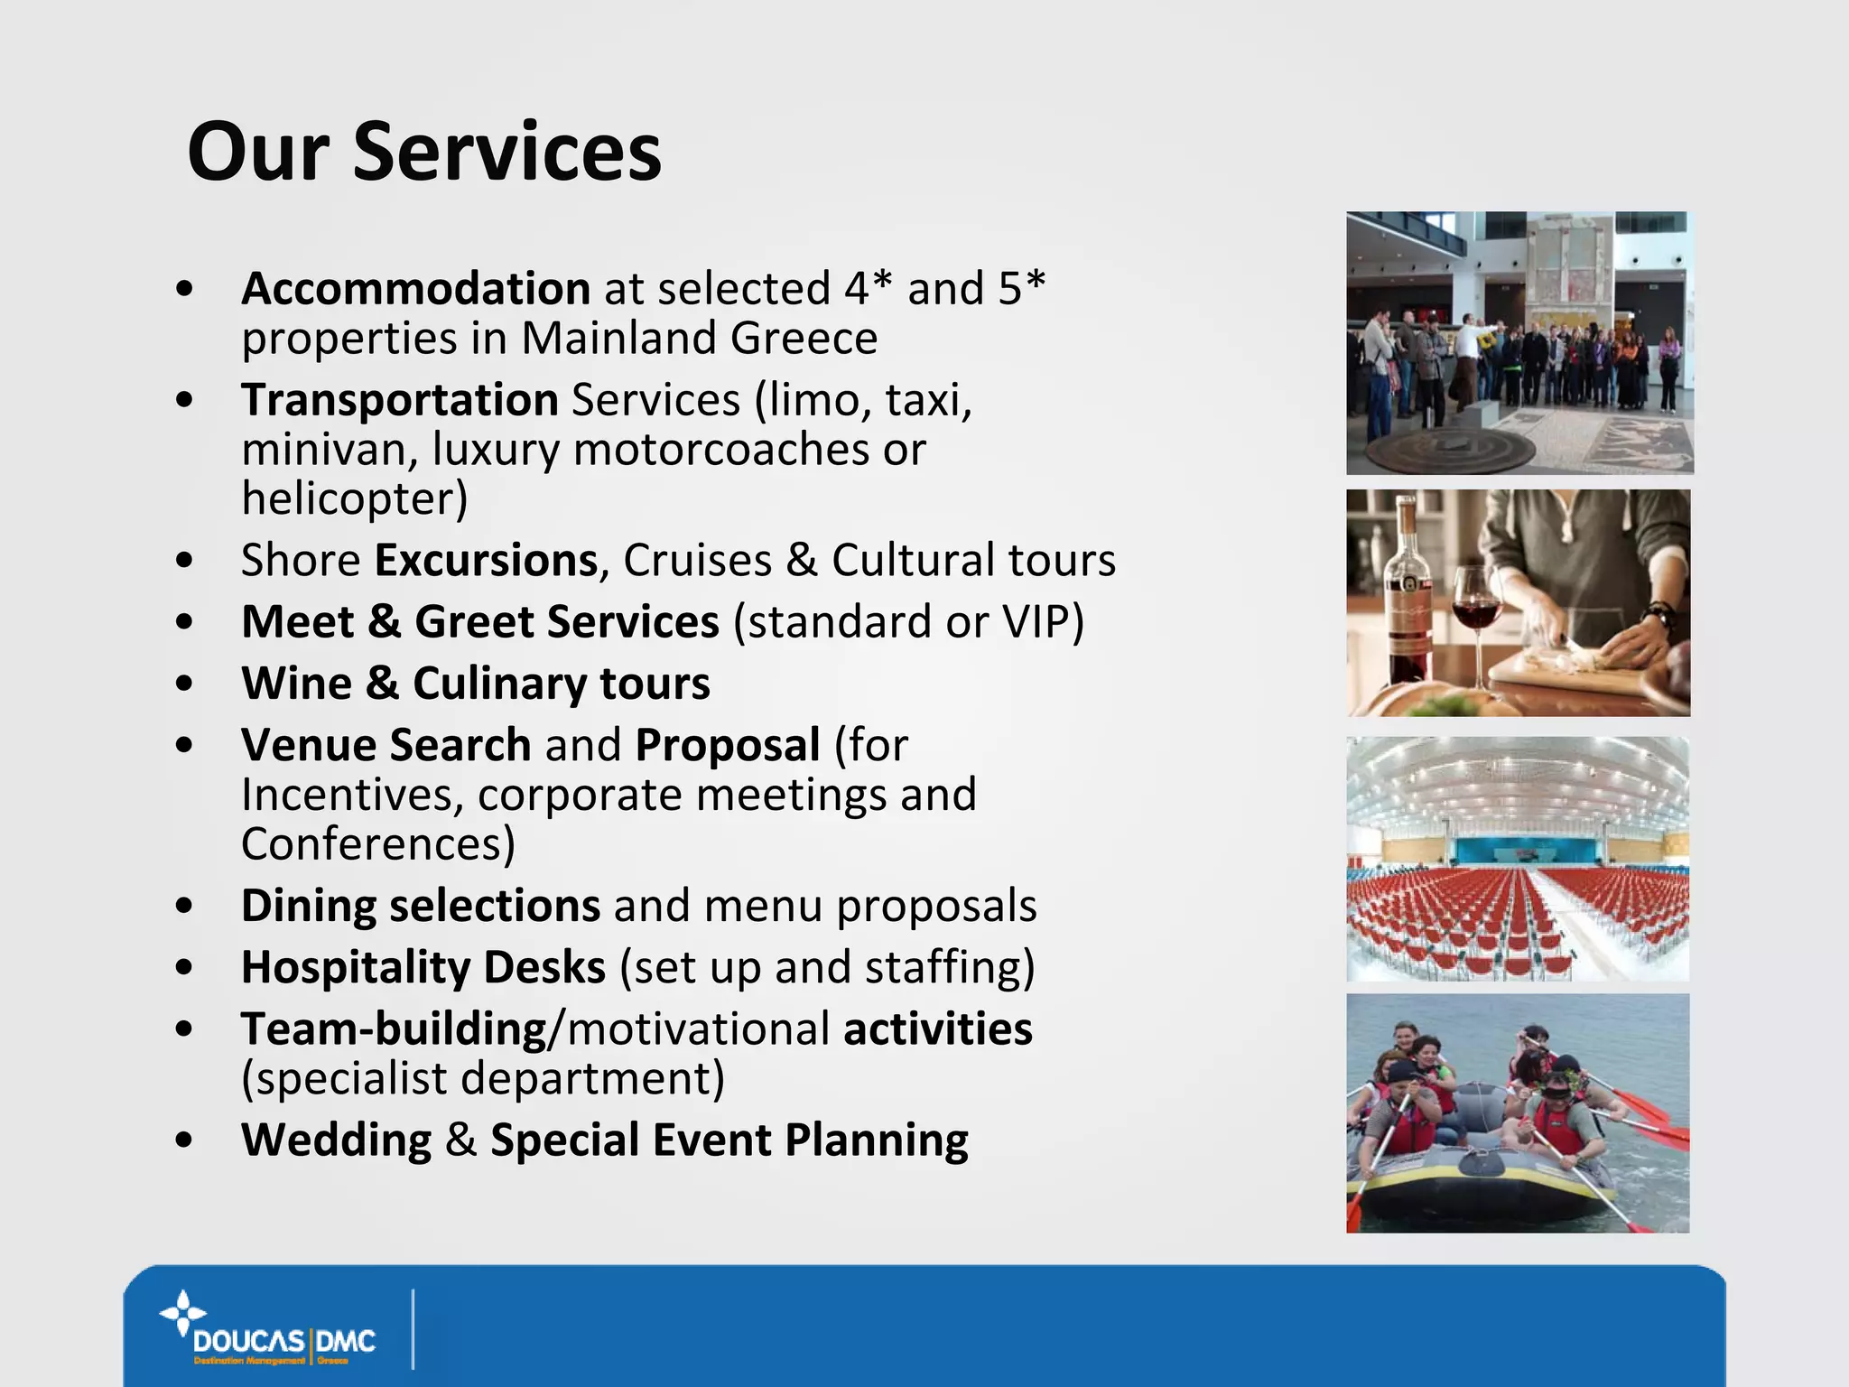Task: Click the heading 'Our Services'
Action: click(424, 152)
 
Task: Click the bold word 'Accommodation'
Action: click(415, 289)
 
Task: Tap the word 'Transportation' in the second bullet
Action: click(400, 400)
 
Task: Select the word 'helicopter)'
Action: click(355, 498)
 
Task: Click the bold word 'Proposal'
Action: click(728, 745)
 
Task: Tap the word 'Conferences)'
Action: click(378, 844)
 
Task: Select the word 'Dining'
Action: click(308, 906)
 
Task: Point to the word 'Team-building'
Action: click(394, 1029)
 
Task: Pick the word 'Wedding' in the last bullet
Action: click(336, 1140)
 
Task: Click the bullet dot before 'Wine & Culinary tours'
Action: click(185, 684)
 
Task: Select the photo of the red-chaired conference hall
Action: click(1518, 859)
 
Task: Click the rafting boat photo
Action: click(1518, 1113)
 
